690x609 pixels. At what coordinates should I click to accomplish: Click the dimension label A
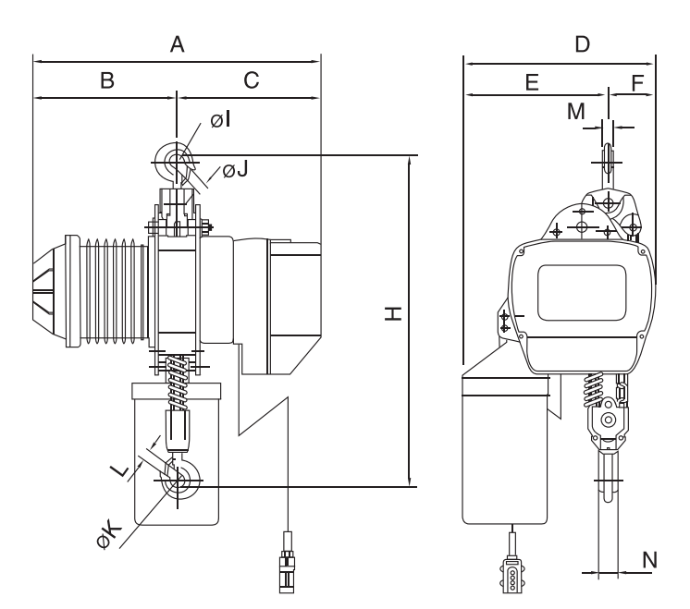pos(177,44)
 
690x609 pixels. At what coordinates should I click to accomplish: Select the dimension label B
pos(107,80)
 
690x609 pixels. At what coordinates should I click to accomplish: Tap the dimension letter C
pos(252,80)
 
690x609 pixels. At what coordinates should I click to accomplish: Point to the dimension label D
pos(582,44)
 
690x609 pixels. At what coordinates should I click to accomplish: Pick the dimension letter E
pos(532,82)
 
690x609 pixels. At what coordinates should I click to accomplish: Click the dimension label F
pos(637,82)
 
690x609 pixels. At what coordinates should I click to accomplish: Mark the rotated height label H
pos(393,313)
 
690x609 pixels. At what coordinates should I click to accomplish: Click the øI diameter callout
pos(220,119)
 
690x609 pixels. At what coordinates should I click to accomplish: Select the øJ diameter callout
pos(236,169)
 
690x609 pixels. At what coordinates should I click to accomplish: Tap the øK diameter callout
pos(109,535)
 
